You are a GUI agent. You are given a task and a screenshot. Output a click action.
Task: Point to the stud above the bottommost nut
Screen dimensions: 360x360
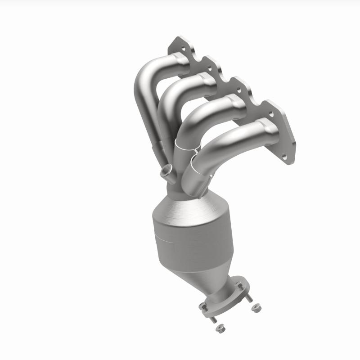click(213, 320)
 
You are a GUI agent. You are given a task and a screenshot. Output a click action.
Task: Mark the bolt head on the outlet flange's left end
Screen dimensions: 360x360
click(203, 307)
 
